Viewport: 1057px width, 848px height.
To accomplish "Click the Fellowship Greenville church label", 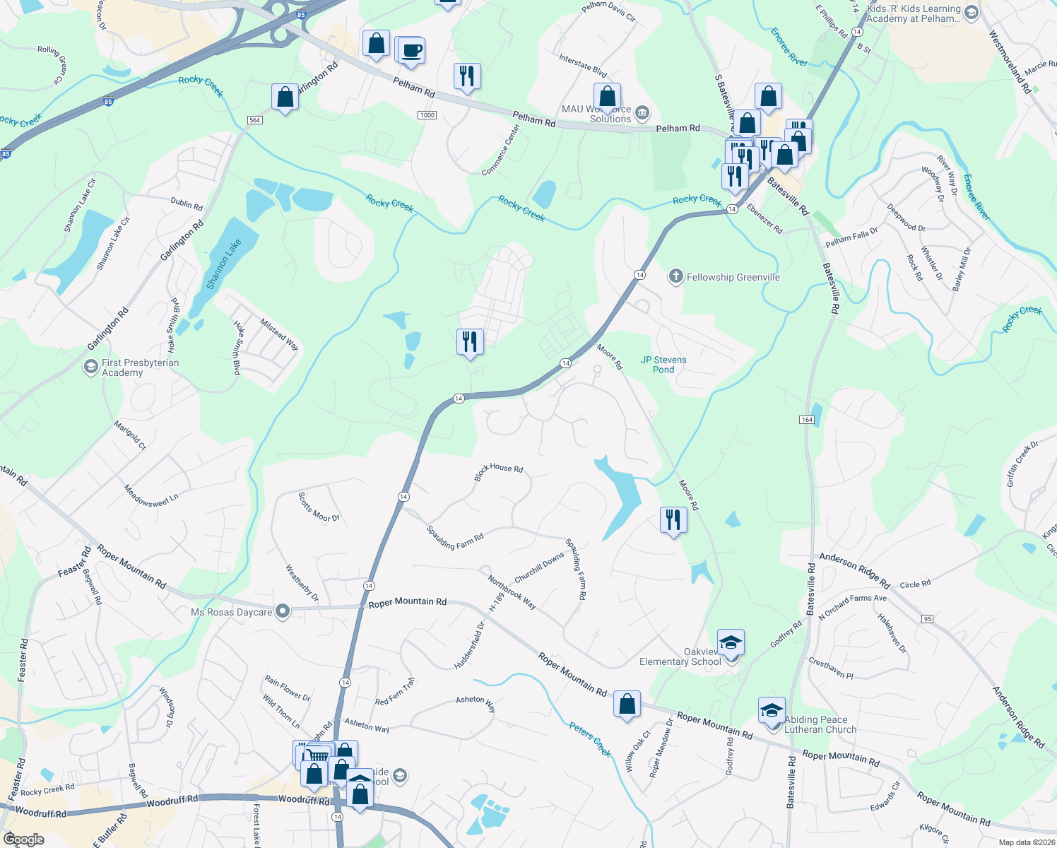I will tap(733, 277).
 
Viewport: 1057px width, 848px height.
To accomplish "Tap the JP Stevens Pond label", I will tap(663, 365).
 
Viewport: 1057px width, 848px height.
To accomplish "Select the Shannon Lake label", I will tap(224, 264).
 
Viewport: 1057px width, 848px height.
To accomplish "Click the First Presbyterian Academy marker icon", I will tap(91, 367).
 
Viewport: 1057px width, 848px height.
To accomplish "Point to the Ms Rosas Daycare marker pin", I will tap(283, 611).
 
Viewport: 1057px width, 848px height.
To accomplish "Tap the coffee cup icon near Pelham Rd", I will tap(411, 52).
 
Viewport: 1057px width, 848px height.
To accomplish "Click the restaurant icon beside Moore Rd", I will tap(673, 520).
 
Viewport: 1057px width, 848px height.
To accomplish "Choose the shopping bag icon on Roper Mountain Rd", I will tap(627, 705).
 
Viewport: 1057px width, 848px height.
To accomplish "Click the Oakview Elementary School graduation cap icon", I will tap(731, 642).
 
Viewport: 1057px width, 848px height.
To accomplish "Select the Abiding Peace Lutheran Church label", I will tap(820, 724).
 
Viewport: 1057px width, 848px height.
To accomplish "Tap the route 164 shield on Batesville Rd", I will tap(807, 420).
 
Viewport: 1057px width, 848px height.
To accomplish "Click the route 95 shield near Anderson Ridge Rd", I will tap(928, 619).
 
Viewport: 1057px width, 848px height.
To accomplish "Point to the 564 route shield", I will tap(255, 120).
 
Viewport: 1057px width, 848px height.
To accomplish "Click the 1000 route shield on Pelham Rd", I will tap(427, 115).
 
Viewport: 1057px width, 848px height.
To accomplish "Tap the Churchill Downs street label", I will tap(539, 567).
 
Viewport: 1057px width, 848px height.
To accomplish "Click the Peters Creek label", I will tap(590, 740).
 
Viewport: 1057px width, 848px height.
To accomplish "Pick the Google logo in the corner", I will tap(24, 840).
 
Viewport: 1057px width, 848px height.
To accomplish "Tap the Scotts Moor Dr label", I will tap(319, 507).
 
